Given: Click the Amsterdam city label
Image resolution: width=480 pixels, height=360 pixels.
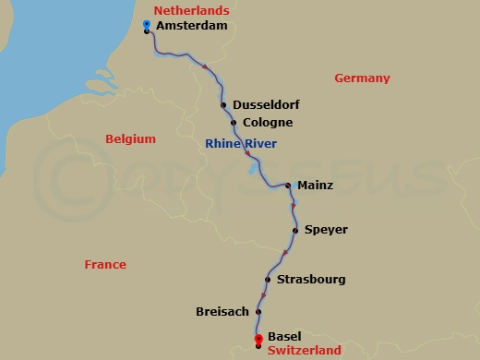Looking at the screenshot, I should click(192, 27).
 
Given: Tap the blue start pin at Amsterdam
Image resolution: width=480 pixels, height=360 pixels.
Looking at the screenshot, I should click(148, 24).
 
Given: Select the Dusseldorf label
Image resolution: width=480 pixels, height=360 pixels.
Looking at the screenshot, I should click(267, 105).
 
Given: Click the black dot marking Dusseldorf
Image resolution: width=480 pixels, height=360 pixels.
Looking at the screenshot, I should click(224, 105).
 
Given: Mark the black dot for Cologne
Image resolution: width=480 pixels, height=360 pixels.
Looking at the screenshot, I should click(234, 123).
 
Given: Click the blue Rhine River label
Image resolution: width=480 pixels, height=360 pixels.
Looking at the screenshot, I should click(241, 143).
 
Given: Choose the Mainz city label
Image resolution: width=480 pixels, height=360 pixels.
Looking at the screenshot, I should click(315, 186).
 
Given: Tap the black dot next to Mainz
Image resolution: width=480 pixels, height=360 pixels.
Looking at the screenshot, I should click(288, 186).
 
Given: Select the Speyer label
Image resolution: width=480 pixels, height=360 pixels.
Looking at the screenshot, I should click(326, 230).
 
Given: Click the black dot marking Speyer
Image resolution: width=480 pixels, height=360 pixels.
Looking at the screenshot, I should click(295, 230).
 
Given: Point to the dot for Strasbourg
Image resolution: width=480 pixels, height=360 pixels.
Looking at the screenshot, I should click(268, 280).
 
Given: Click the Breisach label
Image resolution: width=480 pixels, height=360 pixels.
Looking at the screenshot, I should click(222, 312).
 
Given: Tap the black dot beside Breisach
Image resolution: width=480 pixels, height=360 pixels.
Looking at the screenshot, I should click(258, 312).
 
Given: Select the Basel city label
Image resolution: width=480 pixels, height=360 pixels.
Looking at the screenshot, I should click(283, 338).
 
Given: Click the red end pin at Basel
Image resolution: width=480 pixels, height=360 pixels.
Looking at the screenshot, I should click(258, 339).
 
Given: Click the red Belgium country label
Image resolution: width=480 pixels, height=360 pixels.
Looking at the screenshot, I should click(130, 138).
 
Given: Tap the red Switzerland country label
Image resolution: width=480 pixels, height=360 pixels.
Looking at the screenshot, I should click(305, 351).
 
